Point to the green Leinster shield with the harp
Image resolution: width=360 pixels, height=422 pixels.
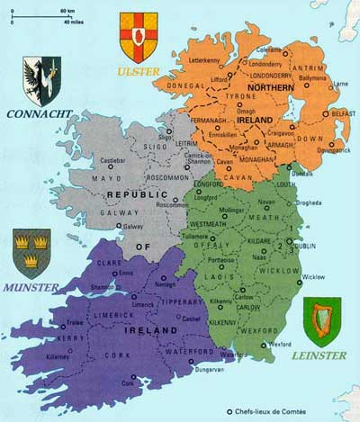pos(319,321)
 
